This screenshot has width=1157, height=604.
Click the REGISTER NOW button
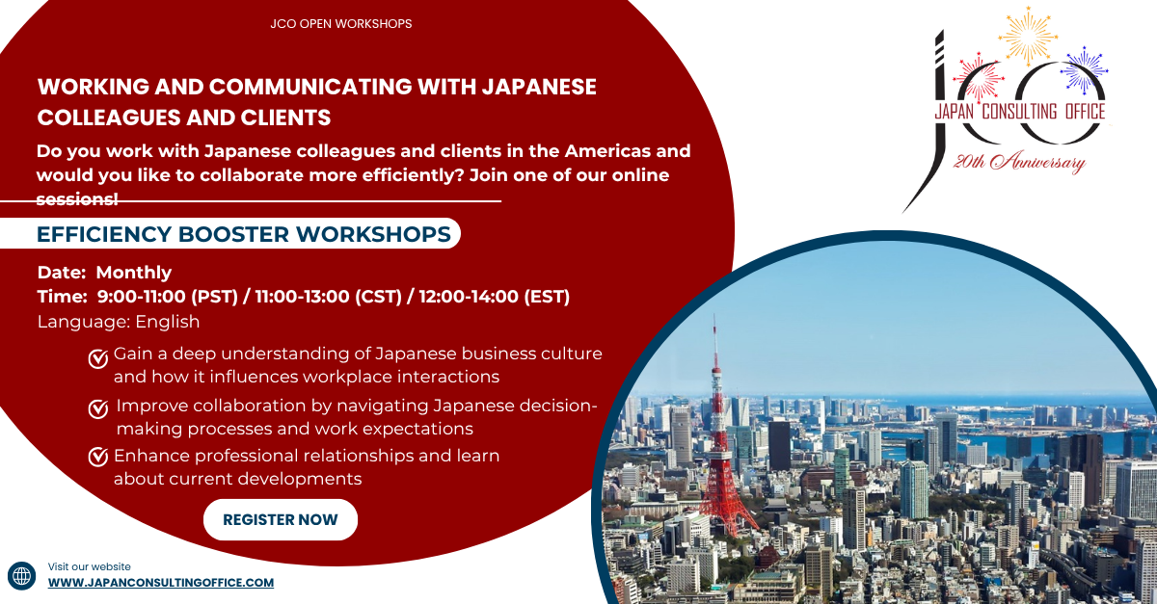[x=281, y=520]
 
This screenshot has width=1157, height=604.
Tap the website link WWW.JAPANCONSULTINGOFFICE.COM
[x=161, y=583]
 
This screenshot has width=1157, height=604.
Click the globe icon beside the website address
[x=21, y=575]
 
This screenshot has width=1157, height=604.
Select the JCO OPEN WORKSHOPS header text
[x=341, y=23]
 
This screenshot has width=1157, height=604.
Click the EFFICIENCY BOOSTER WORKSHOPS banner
[x=243, y=234]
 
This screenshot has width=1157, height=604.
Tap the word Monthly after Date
[x=134, y=273]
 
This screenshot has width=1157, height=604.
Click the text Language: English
[x=119, y=322]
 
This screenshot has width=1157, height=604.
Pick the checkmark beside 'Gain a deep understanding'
[x=97, y=359]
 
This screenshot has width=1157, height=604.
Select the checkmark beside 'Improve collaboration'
[x=97, y=409]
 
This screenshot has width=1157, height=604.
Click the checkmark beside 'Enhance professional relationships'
[x=97, y=457]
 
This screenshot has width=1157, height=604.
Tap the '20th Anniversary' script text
[x=1019, y=163]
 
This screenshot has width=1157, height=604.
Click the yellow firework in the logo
[x=1028, y=36]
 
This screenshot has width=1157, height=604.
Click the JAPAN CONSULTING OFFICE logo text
[x=1019, y=112]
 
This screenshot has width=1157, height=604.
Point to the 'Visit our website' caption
[x=89, y=566]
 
